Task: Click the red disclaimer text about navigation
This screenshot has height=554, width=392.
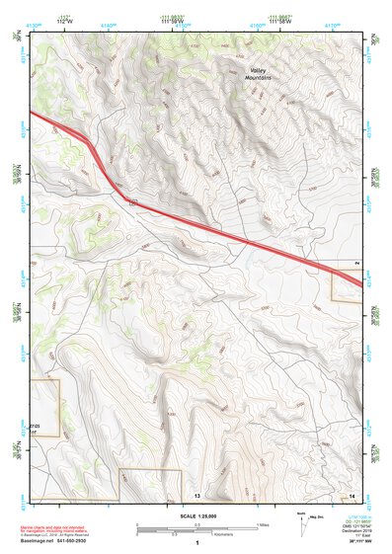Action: coord(61,529)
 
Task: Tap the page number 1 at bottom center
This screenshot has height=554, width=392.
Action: coord(197,543)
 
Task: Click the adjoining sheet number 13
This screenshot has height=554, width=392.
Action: coord(197,493)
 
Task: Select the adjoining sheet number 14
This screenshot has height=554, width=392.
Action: coord(353,493)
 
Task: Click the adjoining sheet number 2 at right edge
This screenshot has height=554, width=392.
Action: coord(357,263)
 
